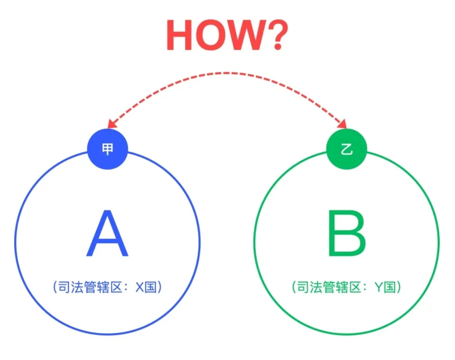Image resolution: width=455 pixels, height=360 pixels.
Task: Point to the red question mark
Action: click(x=278, y=35)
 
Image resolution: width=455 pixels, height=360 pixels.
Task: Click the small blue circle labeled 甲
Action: click(x=108, y=149)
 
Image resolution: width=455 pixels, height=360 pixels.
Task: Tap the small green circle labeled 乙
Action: click(x=346, y=149)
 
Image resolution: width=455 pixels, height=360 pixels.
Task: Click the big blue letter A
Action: click(x=108, y=233)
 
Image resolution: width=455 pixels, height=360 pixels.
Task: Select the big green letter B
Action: click(x=346, y=233)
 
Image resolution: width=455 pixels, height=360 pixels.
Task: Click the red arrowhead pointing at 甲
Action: click(x=112, y=124)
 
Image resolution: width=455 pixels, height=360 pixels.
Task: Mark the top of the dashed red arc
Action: click(x=227, y=73)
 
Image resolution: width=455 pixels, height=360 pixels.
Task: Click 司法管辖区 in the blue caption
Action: click(x=90, y=287)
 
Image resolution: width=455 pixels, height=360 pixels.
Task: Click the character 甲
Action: click(x=108, y=149)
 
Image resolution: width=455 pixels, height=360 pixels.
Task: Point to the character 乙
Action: click(x=347, y=149)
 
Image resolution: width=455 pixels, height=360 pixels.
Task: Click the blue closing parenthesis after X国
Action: click(x=160, y=287)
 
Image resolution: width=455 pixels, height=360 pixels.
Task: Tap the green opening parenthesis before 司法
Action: click(x=294, y=287)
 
